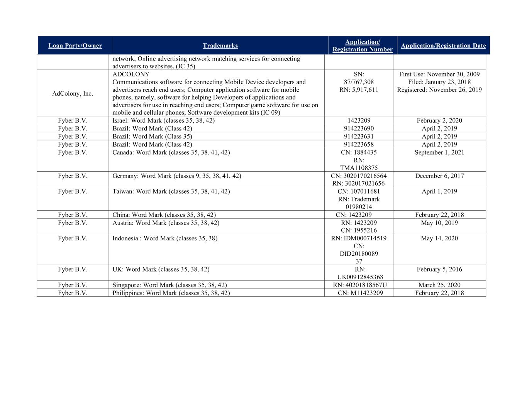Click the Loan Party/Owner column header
click(x=75, y=46)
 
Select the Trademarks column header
click(x=220, y=46)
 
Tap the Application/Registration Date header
click(x=443, y=46)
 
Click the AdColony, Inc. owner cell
click(x=73, y=93)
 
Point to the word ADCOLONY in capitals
click(x=131, y=74)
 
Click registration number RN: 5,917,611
click(x=359, y=90)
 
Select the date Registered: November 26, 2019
click(x=439, y=90)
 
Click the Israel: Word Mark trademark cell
click(x=163, y=120)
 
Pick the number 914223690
click(x=359, y=128)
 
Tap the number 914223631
click(x=359, y=136)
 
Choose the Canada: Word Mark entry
click(x=171, y=152)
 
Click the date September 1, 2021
click(x=439, y=152)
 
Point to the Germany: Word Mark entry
click(x=176, y=176)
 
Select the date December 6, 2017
click(x=439, y=176)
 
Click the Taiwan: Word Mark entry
click(x=171, y=191)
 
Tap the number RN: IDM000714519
click(x=359, y=238)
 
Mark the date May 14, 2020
click(x=439, y=238)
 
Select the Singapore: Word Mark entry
click(x=169, y=285)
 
